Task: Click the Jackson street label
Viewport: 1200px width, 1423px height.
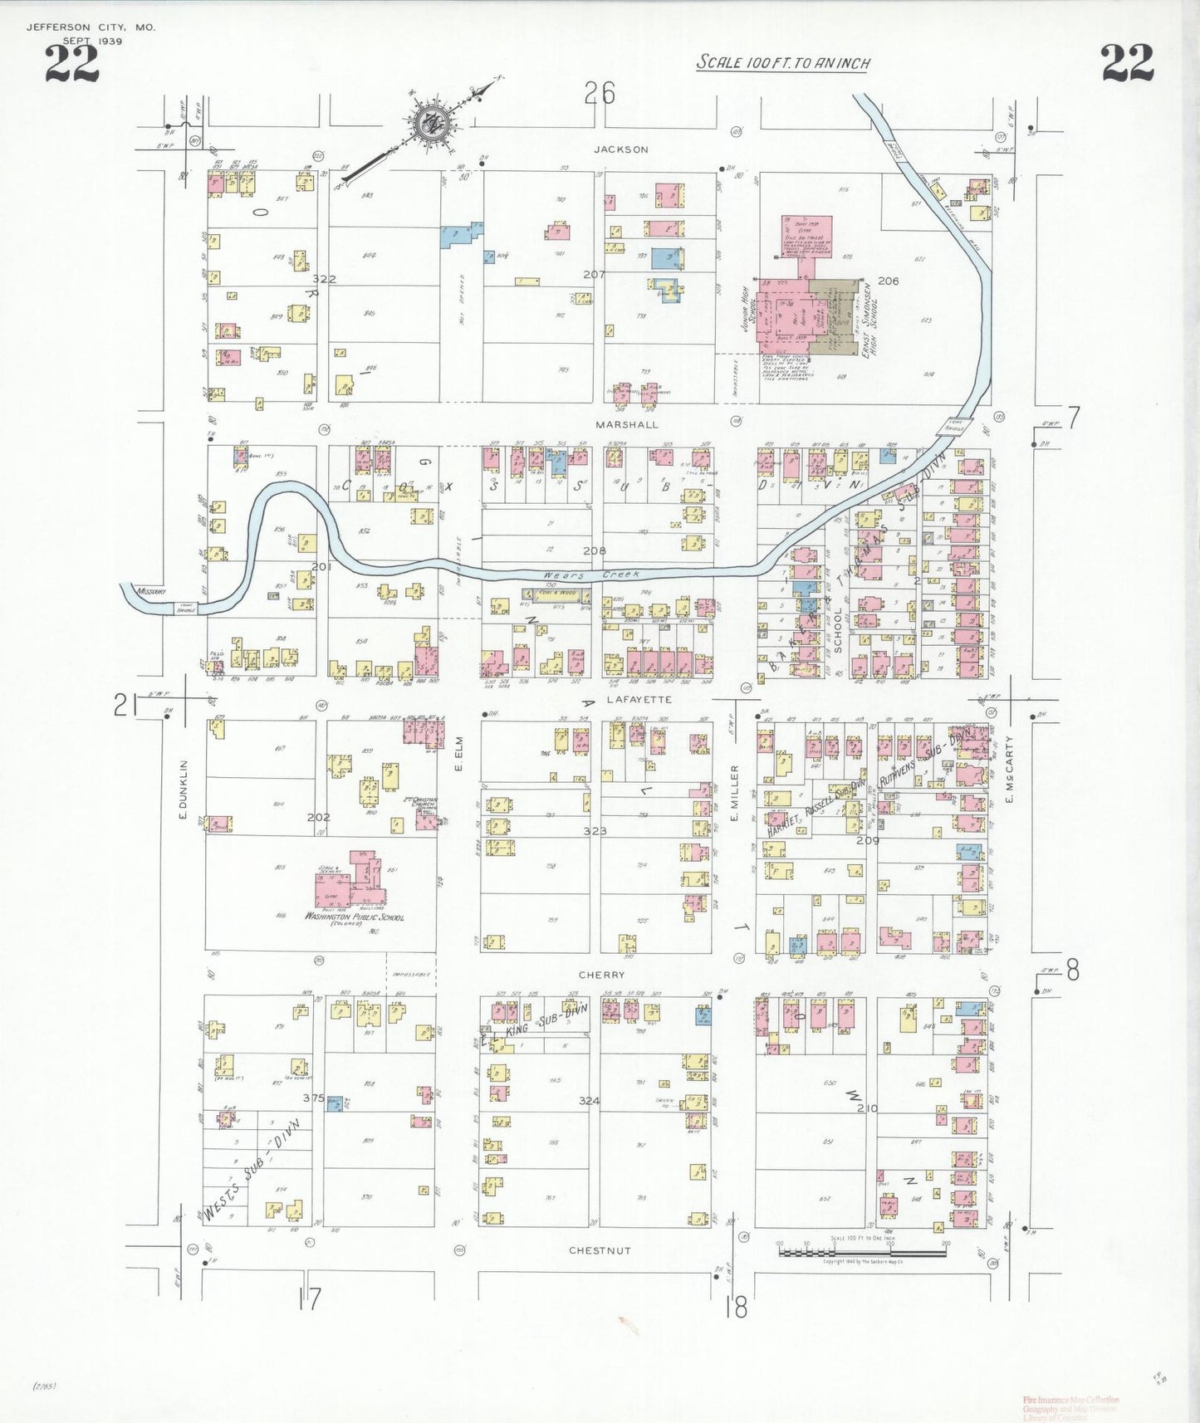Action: coord(620,149)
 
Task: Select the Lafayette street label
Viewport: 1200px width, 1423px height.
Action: coord(639,700)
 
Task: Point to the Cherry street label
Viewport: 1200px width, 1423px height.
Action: coord(601,975)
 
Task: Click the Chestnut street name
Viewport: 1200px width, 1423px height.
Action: coord(600,1250)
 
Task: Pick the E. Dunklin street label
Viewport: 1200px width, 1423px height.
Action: coord(184,790)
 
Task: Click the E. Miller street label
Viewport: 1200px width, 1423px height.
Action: coord(735,793)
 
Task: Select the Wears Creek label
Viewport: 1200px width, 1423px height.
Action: coord(591,575)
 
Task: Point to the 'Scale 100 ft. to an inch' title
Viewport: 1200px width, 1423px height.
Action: coord(782,62)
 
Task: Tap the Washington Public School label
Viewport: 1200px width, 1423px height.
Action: coord(355,917)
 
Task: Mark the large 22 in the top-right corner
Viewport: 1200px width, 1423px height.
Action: coord(1127,63)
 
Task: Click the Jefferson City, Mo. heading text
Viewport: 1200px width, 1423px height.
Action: coord(91,27)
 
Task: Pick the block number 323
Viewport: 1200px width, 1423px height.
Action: coord(595,830)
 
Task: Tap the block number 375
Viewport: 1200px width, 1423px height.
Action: coord(313,1098)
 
